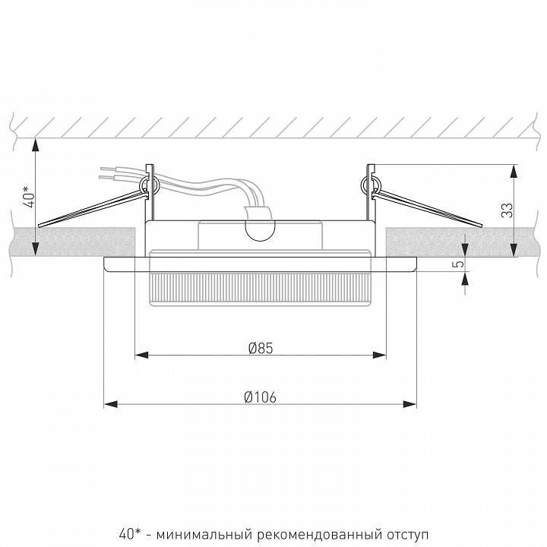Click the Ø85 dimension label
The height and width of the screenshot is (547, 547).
click(261, 348)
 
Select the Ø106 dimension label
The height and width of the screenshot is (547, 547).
click(261, 397)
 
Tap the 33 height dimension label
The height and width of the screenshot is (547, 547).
click(507, 210)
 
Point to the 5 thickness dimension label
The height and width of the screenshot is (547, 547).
click(460, 264)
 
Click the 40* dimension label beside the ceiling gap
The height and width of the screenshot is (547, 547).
click(30, 197)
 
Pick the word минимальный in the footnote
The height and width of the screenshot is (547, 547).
click(204, 534)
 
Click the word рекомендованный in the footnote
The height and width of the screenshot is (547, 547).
click(318, 534)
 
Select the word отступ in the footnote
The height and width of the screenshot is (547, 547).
click(407, 535)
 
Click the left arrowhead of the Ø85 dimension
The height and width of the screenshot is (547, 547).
click(141, 355)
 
